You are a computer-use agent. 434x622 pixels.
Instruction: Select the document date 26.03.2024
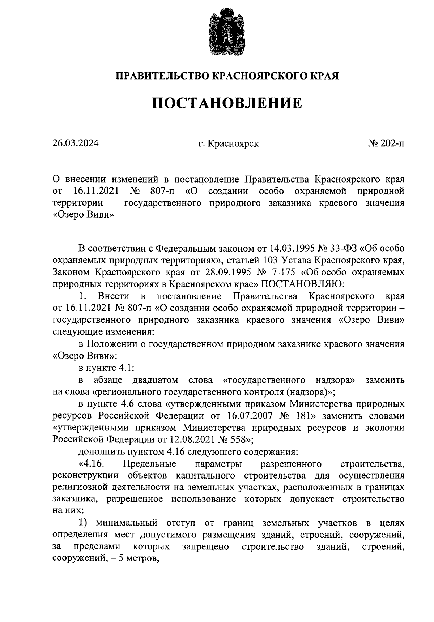pos(75,144)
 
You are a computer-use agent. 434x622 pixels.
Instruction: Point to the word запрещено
pos(205,546)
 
